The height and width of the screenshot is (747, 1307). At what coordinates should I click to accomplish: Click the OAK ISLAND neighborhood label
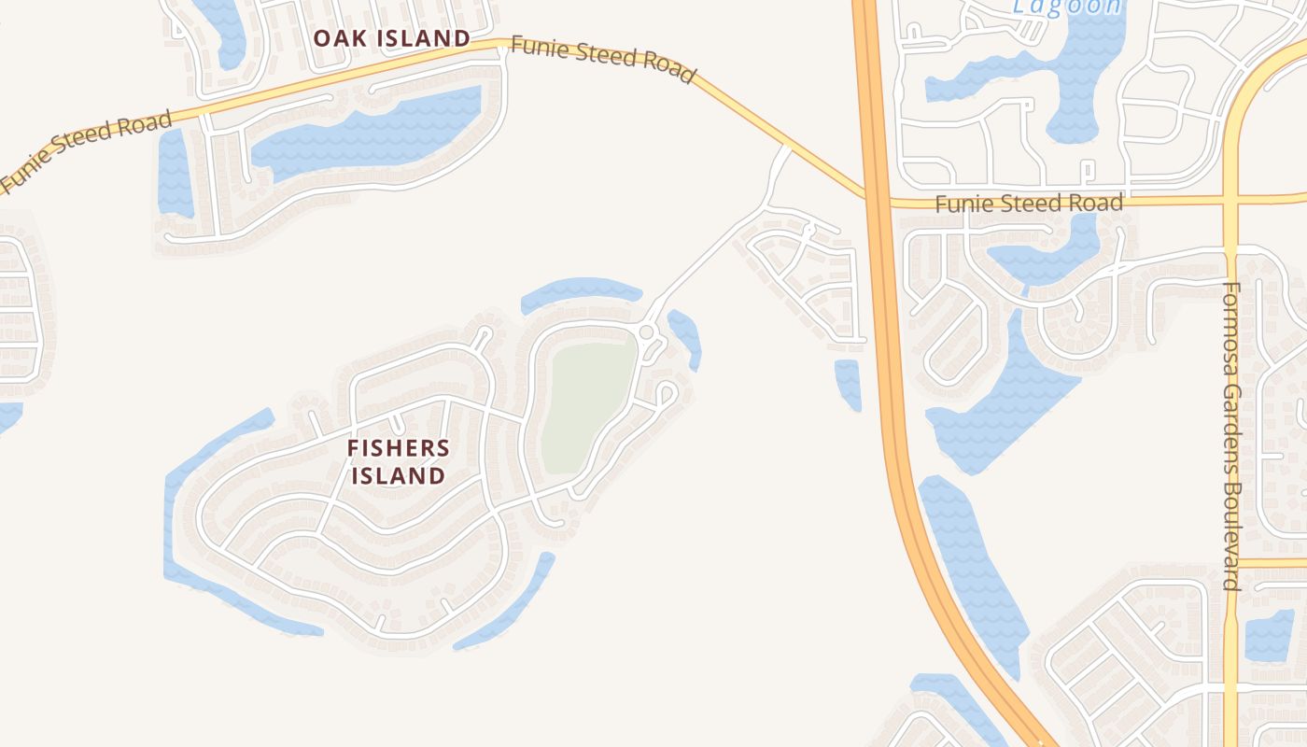(x=391, y=38)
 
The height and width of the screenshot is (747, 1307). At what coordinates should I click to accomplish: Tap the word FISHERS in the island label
(x=399, y=448)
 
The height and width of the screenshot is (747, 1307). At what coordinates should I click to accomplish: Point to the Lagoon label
(x=1067, y=7)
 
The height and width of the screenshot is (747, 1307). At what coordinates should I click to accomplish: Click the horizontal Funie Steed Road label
(x=1029, y=203)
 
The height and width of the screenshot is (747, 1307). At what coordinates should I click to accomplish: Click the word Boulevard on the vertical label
(x=1232, y=537)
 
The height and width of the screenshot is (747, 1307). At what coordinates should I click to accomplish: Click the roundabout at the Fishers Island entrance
(x=646, y=332)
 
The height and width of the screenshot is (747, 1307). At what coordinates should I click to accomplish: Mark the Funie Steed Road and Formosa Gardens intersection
(x=1230, y=199)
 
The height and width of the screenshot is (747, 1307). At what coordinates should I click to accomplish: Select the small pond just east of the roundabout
(x=686, y=336)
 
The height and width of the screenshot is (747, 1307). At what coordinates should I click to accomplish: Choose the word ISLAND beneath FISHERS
(x=399, y=475)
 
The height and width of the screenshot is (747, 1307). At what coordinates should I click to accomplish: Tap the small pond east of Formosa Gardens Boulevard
(x=1270, y=635)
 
